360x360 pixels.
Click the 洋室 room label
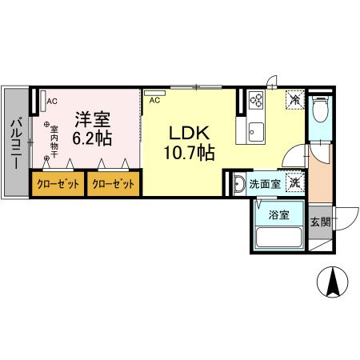coord(92,120)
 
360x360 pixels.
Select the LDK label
coord(190,131)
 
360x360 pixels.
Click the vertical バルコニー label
coord(15,144)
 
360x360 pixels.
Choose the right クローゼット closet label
coord(114,183)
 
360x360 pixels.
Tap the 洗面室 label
coord(264,184)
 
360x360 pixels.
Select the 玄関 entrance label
coord(319,221)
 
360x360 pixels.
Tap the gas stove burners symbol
coord(257,100)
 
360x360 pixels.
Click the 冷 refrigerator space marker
coord(294,100)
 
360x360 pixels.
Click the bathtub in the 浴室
coord(278,238)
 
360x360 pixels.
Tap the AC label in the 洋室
coord(51,102)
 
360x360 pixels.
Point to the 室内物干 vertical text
coord(54,139)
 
